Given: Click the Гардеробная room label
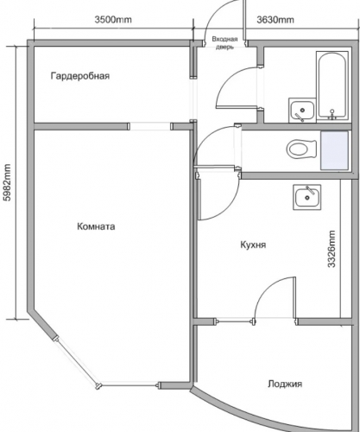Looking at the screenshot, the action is (x=80, y=76).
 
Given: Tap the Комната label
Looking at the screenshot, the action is (x=96, y=226).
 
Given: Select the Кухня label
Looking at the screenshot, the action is (x=253, y=245).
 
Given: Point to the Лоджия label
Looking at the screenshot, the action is (x=285, y=384).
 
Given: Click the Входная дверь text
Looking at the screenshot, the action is (x=224, y=43).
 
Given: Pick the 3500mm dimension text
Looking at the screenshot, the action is (x=113, y=20).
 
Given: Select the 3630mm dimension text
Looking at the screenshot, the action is (x=275, y=20).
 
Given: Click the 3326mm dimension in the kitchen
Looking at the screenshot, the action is (x=332, y=249).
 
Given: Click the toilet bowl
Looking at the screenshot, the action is (x=301, y=149).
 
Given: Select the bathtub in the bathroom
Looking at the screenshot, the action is (x=332, y=86).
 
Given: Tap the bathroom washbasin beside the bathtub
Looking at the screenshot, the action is (x=302, y=110).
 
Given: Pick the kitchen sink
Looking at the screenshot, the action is (x=307, y=197).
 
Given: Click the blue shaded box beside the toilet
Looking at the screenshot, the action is (x=334, y=150).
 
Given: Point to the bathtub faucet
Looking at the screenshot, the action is (x=332, y=114).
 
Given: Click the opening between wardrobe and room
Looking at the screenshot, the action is (x=150, y=127).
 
